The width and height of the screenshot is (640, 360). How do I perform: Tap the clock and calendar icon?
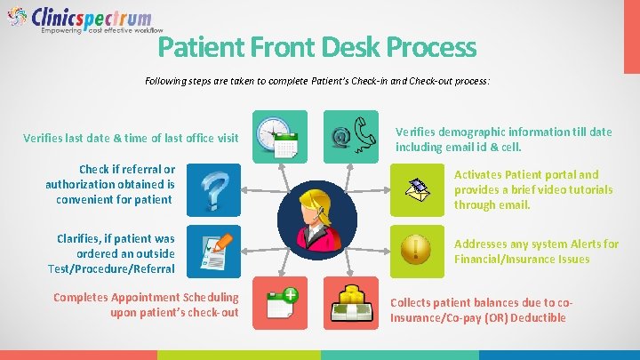[x=279, y=136]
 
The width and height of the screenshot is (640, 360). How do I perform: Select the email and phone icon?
[x=349, y=136]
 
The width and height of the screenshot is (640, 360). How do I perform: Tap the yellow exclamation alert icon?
[x=416, y=247]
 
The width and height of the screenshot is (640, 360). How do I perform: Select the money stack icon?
[x=349, y=303]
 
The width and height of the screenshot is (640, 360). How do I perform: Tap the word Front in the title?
[x=284, y=46]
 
